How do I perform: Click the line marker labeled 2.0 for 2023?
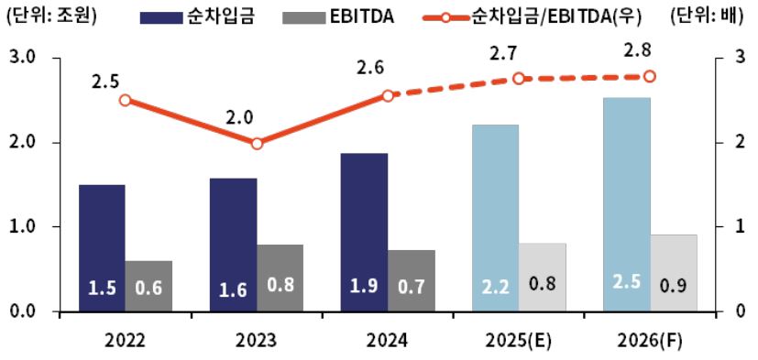257,144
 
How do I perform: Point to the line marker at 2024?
388,95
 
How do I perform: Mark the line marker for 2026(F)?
650,77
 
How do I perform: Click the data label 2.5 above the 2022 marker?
105,81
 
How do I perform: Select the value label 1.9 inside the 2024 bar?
363,288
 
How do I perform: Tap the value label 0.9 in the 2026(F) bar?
674,288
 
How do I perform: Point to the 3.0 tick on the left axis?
21,59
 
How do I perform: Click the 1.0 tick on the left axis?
21,227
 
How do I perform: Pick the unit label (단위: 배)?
710,16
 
